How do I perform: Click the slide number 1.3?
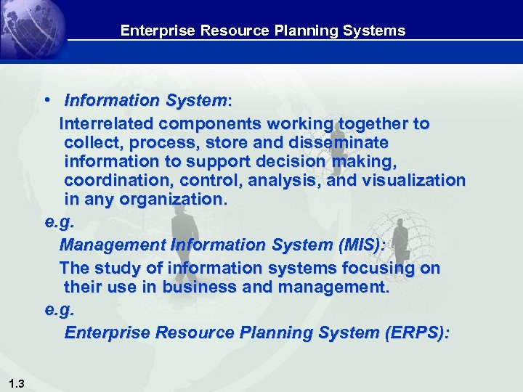click(x=17, y=383)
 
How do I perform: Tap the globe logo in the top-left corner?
click(x=29, y=28)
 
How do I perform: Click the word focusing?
click(x=380, y=269)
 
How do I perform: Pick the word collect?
click(x=89, y=142)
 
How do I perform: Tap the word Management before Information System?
click(x=110, y=245)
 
